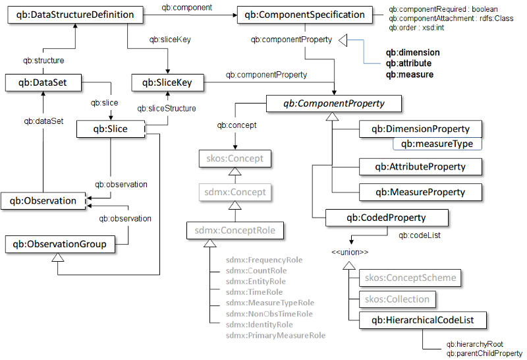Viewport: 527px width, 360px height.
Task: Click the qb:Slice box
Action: click(111, 129)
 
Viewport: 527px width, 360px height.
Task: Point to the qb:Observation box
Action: click(43, 200)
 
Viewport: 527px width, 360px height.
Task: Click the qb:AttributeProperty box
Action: click(420, 167)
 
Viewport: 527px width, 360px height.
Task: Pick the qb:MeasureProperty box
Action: click(420, 193)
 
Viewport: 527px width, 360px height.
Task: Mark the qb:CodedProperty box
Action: click(386, 218)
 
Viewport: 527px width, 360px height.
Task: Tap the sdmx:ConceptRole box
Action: click(235, 231)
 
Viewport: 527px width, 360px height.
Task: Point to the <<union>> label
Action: click(349, 252)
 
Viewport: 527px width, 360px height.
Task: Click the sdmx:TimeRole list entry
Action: click(254, 292)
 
